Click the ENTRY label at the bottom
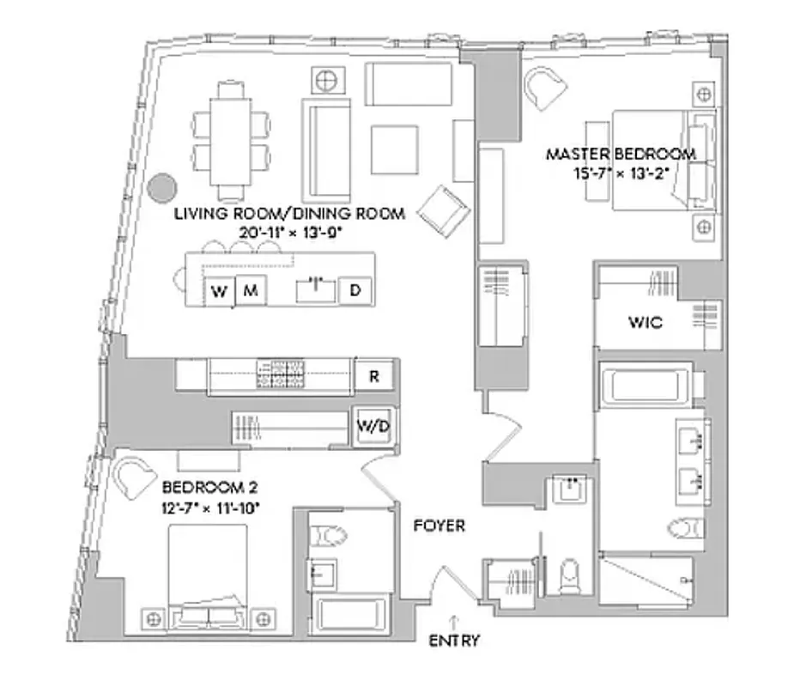(454, 641)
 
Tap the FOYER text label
(439, 525)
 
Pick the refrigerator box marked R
(375, 375)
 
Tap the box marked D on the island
(355, 290)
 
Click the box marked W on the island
(220, 291)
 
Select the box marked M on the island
(251, 291)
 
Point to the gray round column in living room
(161, 186)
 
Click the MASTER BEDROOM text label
(621, 155)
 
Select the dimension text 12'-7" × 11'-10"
(210, 508)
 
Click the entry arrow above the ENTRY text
(454, 620)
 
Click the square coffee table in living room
(394, 149)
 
